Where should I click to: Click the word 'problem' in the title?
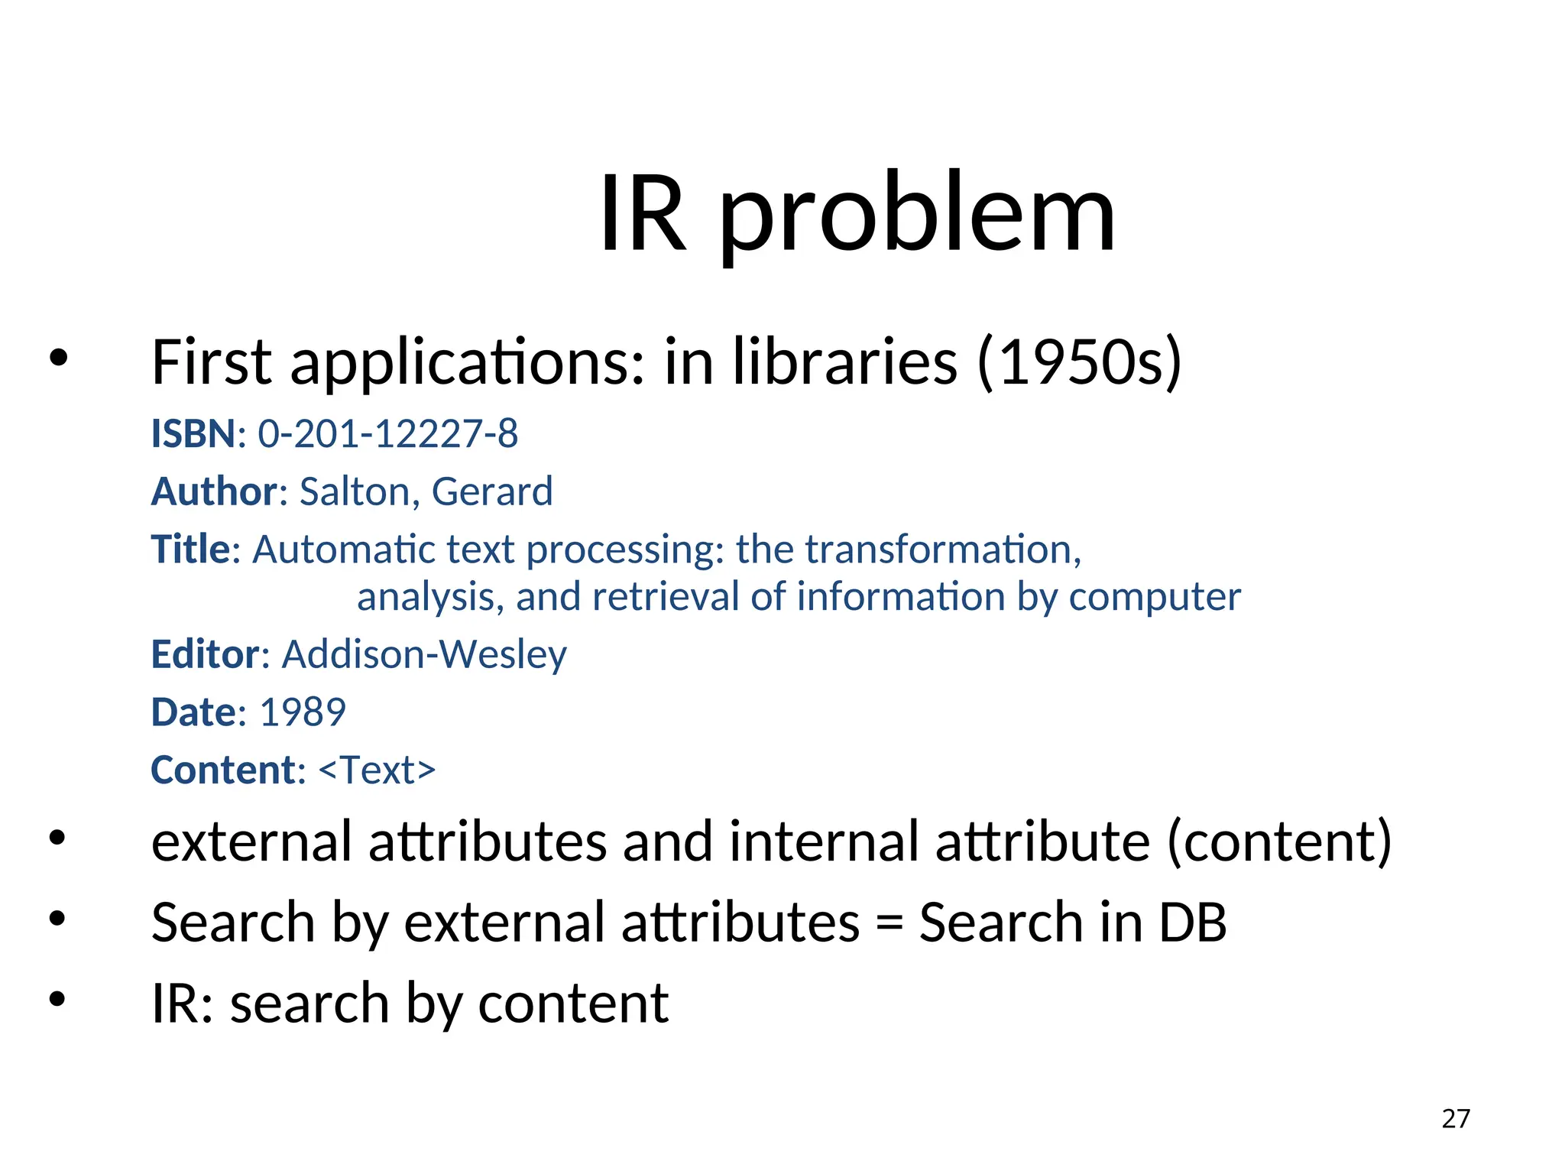(x=917, y=214)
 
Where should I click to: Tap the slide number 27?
(x=1456, y=1119)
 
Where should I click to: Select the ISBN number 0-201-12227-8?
(x=387, y=434)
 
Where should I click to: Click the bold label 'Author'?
(x=215, y=491)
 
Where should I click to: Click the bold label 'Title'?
(x=190, y=550)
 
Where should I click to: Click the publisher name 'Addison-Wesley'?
(x=424, y=655)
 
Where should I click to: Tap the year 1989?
(x=303, y=712)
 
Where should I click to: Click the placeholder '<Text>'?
(x=377, y=770)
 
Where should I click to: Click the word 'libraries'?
(x=844, y=362)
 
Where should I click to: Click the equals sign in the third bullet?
(x=889, y=923)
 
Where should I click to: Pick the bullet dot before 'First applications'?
(x=58, y=357)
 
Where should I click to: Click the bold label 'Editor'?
(x=206, y=655)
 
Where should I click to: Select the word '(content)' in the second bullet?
(x=1279, y=842)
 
